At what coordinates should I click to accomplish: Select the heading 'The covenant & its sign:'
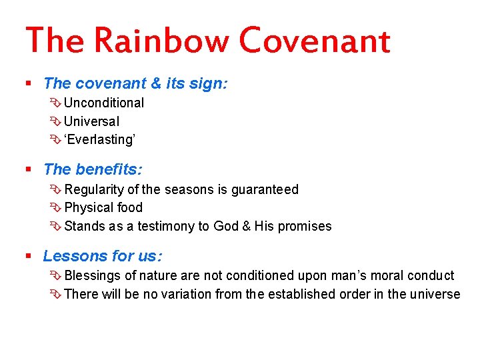click(135, 83)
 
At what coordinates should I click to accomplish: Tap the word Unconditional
click(104, 103)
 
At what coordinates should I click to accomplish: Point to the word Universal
click(92, 121)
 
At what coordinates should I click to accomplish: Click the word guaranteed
click(265, 189)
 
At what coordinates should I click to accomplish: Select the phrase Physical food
click(103, 207)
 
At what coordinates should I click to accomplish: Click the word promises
click(305, 226)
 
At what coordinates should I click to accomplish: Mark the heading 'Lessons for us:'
click(103, 256)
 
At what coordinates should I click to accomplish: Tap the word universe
click(436, 294)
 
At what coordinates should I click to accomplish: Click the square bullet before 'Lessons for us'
click(29, 256)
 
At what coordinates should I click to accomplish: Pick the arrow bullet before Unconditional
click(55, 103)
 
